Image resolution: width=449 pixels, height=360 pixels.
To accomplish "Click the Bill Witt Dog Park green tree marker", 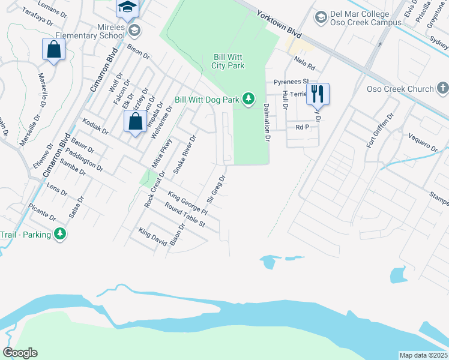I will click(x=247, y=99).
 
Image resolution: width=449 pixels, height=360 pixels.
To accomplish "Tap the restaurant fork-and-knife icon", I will click(x=318, y=94).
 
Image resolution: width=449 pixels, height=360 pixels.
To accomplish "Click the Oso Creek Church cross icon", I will click(x=442, y=89).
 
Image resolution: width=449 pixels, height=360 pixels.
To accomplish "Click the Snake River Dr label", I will click(x=185, y=155).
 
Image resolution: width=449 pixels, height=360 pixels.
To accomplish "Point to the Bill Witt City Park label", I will click(x=229, y=62).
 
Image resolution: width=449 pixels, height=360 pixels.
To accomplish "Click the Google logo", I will click(x=20, y=353).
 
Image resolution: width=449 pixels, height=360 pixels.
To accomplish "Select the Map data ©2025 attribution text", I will click(x=423, y=355).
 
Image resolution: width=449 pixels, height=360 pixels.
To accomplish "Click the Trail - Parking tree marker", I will click(x=59, y=234).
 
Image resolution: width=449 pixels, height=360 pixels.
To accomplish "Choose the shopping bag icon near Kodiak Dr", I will click(x=136, y=121).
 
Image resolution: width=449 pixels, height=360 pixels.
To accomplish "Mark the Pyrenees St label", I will click(x=291, y=82).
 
